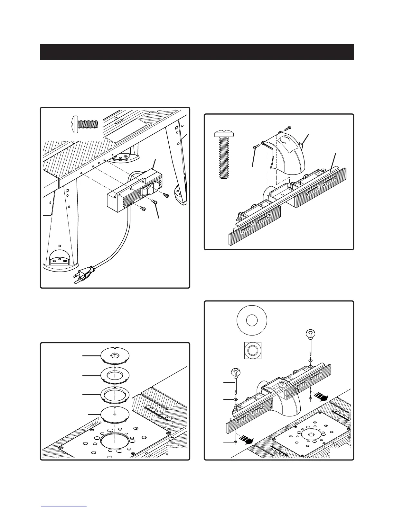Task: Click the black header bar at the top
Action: (197, 52)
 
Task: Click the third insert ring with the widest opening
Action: (115, 394)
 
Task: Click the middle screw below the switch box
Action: (154, 201)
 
